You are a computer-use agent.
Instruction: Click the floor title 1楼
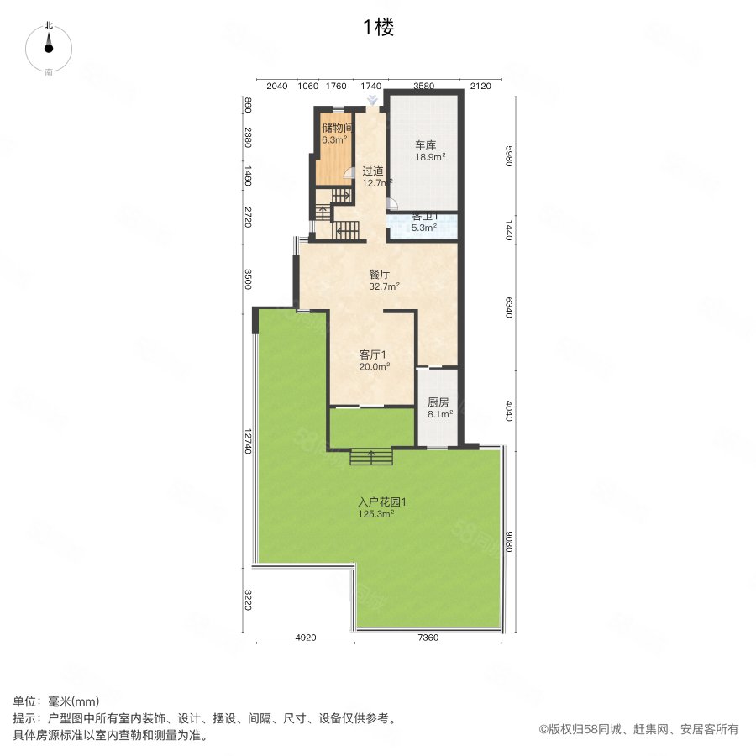pos(378,28)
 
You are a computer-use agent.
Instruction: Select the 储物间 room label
pos(336,129)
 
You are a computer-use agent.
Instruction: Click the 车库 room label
pos(425,145)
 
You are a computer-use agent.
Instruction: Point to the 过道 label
pos(373,171)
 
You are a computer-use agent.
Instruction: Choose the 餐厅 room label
pos(379,274)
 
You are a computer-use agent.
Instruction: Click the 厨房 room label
pos(438,402)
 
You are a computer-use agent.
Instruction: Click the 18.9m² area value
pos(430,157)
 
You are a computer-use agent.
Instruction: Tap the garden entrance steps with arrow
pos(371,457)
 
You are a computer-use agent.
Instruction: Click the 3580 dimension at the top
pos(423,86)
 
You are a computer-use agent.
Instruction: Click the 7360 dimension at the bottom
pos(428,638)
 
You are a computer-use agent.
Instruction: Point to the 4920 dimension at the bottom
pos(304,638)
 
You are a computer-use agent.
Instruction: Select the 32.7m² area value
pos(384,286)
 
